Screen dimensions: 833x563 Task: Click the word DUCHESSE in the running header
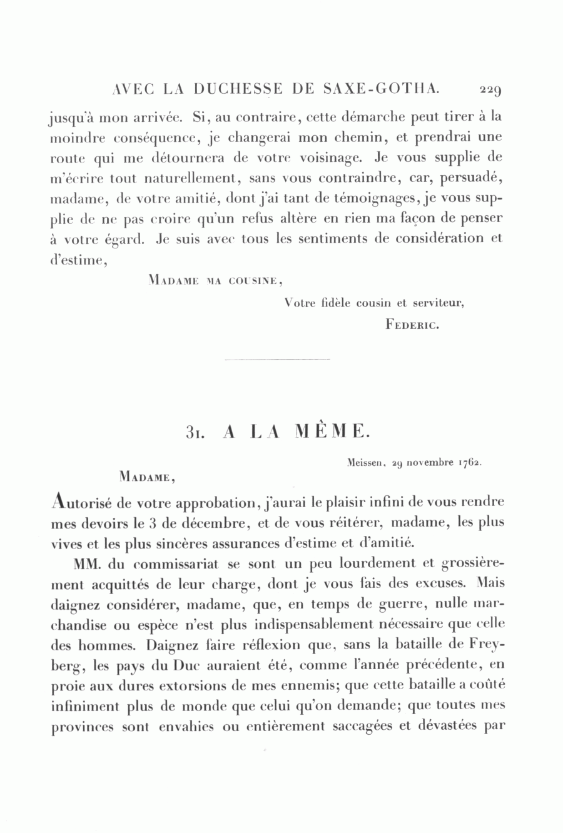[240, 88]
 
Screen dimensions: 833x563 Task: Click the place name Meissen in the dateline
[365, 463]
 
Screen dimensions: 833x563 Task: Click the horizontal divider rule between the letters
[276, 360]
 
